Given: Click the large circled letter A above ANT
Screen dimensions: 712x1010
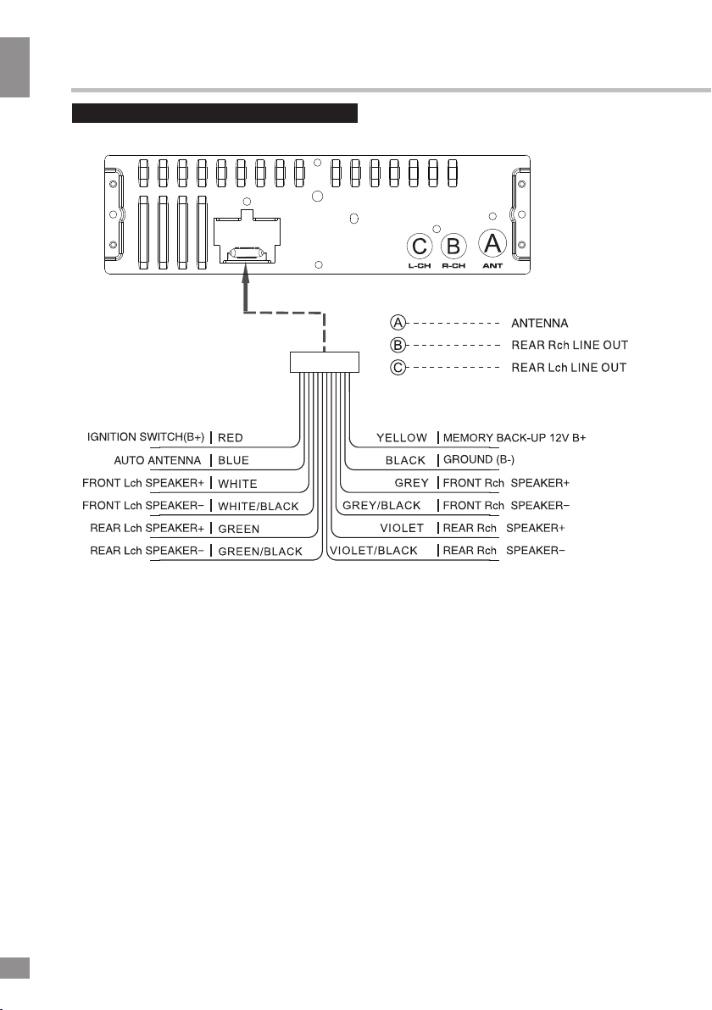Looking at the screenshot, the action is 492,244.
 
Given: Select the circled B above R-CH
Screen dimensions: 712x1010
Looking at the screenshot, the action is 453,246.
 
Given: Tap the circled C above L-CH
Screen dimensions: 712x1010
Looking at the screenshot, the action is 420,246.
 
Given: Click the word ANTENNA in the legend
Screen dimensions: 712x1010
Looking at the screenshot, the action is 539,324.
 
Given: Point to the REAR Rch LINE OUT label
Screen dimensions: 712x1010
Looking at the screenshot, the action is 570,345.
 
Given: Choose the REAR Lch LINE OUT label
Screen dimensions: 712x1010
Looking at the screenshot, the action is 569,368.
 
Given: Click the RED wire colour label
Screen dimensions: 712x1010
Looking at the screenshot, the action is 230,438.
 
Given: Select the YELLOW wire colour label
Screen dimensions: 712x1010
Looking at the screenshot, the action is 402,438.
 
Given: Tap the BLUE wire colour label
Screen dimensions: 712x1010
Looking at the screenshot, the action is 233,461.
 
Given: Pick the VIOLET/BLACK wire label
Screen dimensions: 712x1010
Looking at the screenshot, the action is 374,551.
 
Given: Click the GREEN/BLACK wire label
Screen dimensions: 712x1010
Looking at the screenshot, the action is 260,552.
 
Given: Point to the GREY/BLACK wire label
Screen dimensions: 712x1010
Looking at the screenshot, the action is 381,506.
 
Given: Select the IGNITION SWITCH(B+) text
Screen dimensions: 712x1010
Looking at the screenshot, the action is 146,437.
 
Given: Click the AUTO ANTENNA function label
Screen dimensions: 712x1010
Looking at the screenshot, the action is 157,461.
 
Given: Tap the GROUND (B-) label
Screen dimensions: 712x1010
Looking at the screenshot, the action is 479,460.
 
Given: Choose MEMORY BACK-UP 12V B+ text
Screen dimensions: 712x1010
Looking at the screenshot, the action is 515,438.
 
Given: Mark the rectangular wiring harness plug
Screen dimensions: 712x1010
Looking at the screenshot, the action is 324,362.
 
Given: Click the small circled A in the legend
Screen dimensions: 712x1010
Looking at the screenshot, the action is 398,323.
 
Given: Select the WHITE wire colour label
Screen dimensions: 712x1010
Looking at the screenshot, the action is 237,484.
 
